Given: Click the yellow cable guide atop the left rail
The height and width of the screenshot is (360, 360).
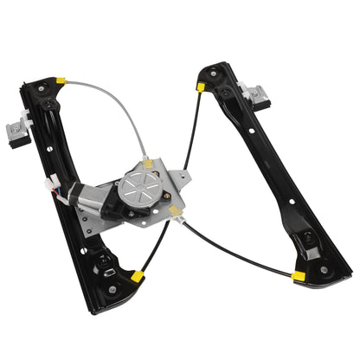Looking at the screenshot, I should (x=61, y=82).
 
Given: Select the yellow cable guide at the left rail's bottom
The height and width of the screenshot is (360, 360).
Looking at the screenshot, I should (x=137, y=277).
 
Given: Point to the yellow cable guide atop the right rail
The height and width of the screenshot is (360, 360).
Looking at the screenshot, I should (x=200, y=87).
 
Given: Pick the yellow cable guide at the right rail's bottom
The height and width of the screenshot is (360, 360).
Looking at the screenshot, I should (x=298, y=276).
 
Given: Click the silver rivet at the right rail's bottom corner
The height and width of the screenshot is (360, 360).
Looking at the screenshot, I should (x=324, y=269).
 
